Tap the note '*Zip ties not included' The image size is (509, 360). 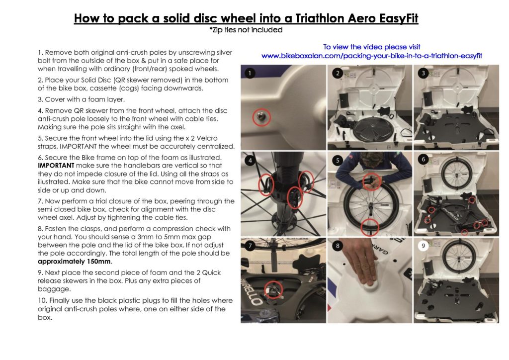pos(246,30)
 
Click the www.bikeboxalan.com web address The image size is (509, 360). pos(372,56)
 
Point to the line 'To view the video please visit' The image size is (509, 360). pos(372,47)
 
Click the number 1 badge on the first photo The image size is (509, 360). pos(251,73)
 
